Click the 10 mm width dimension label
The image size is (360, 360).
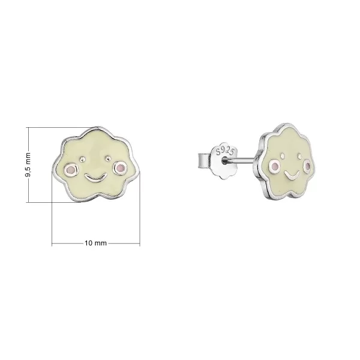click(96, 243)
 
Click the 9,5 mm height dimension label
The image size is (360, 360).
click(28, 164)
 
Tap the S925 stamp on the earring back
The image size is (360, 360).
click(226, 152)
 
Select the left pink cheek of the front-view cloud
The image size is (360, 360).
click(71, 170)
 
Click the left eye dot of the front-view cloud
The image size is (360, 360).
click(82, 158)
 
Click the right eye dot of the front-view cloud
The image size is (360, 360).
click(107, 158)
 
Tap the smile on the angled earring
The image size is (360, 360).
click(291, 175)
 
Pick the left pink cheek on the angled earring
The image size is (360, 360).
click(275, 166)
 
